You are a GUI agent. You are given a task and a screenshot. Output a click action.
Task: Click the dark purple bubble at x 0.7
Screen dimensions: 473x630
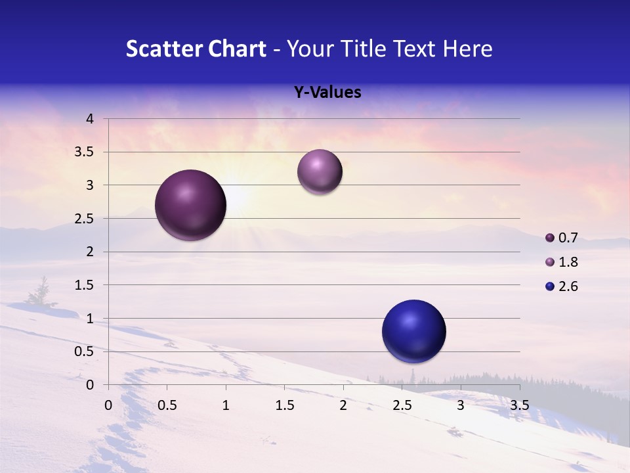pyautogui.click(x=191, y=205)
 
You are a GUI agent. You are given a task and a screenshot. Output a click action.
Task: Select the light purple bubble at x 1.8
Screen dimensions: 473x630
pyautogui.click(x=320, y=172)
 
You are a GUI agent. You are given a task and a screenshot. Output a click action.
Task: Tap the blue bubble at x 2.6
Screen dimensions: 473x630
pyautogui.click(x=413, y=331)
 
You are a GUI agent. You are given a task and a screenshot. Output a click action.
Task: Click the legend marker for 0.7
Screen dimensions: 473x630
pyautogui.click(x=550, y=237)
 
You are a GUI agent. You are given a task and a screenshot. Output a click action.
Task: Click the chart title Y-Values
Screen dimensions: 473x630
pyautogui.click(x=327, y=93)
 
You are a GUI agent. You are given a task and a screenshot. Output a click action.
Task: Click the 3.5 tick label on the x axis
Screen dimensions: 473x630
pyautogui.click(x=519, y=405)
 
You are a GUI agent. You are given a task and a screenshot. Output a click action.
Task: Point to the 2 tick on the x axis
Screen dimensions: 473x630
pyautogui.click(x=343, y=405)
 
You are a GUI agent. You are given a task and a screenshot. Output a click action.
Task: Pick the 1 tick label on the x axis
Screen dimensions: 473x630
pyautogui.click(x=226, y=405)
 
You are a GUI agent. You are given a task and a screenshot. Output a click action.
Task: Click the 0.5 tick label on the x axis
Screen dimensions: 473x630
pyautogui.click(x=167, y=405)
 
